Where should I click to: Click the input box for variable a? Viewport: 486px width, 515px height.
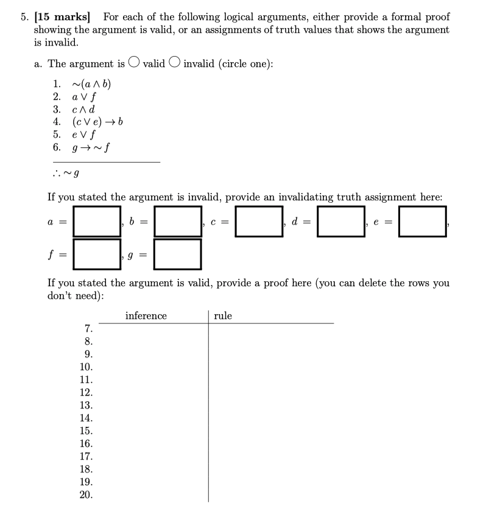point(97,221)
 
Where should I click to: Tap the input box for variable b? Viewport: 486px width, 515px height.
point(178,221)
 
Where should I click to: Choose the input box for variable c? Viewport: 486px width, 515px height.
point(259,221)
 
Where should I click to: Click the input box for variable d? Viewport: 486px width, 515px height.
point(340,221)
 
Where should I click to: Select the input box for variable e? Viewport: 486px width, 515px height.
point(423,221)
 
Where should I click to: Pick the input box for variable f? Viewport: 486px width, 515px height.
point(97,253)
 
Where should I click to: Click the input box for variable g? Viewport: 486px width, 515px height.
point(178,253)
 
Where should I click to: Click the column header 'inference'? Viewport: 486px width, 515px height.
point(146,316)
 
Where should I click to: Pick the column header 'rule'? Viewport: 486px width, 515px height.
point(223,316)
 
